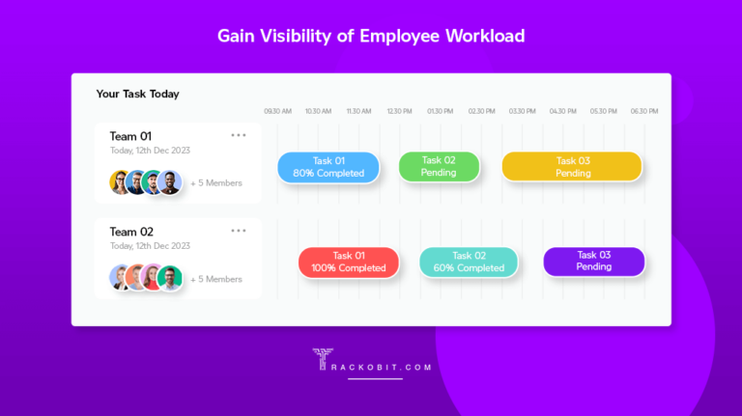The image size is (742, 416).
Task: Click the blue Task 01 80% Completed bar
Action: (328, 167)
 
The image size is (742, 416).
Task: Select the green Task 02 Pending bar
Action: (439, 166)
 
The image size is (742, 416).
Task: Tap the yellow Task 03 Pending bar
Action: (572, 166)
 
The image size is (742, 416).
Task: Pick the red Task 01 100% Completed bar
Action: (348, 262)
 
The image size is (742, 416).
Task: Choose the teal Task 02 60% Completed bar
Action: (468, 262)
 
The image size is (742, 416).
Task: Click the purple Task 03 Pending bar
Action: (593, 261)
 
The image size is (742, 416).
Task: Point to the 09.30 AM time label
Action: (277, 112)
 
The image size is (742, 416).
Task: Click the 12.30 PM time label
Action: (399, 112)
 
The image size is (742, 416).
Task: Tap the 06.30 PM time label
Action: (643, 112)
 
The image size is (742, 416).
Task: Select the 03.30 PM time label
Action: (522, 112)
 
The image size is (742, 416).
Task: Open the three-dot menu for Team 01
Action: (239, 135)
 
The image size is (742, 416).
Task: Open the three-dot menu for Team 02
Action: (239, 231)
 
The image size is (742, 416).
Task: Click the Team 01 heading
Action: (130, 136)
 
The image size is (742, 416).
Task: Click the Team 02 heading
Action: (131, 232)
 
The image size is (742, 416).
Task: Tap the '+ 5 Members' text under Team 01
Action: (216, 182)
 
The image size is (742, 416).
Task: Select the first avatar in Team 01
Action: (121, 182)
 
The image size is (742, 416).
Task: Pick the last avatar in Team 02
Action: (170, 278)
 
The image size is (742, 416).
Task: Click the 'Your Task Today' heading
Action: (137, 94)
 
